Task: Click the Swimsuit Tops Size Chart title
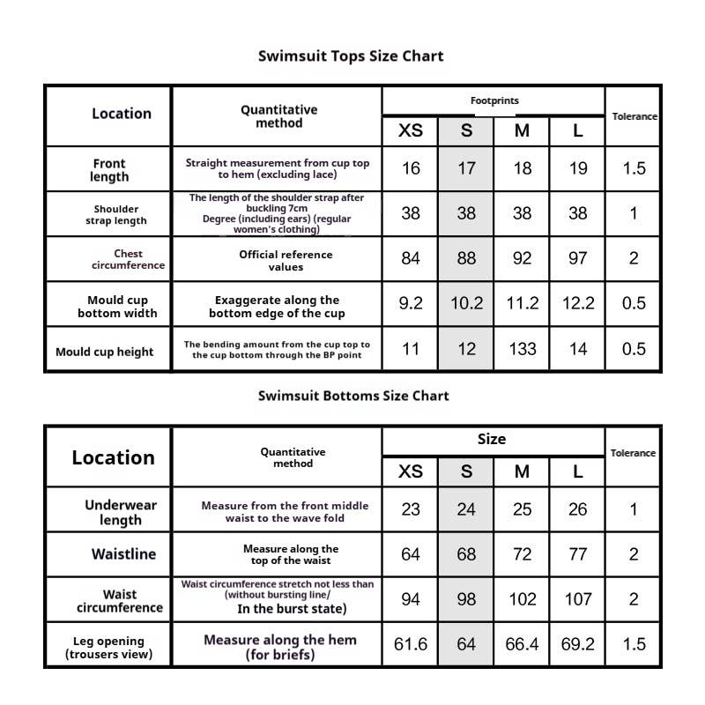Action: point(351,56)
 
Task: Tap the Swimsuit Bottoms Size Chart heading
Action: point(352,396)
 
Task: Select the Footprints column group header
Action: point(493,101)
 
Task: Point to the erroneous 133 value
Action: point(523,349)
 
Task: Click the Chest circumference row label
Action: point(128,259)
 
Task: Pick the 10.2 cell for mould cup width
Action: point(466,303)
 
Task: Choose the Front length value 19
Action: point(578,168)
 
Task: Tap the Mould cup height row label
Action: point(105,352)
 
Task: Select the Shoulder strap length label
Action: point(116,215)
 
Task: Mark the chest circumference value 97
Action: point(578,259)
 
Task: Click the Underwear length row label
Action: point(121,512)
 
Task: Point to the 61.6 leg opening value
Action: point(411,645)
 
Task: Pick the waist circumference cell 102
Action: point(523,599)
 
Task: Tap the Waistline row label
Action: point(123,554)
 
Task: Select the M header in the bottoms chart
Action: point(523,471)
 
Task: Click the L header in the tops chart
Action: point(578,131)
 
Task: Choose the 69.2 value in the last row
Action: point(578,645)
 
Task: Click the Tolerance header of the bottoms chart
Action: point(633,453)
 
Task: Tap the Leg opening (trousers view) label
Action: point(108,648)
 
